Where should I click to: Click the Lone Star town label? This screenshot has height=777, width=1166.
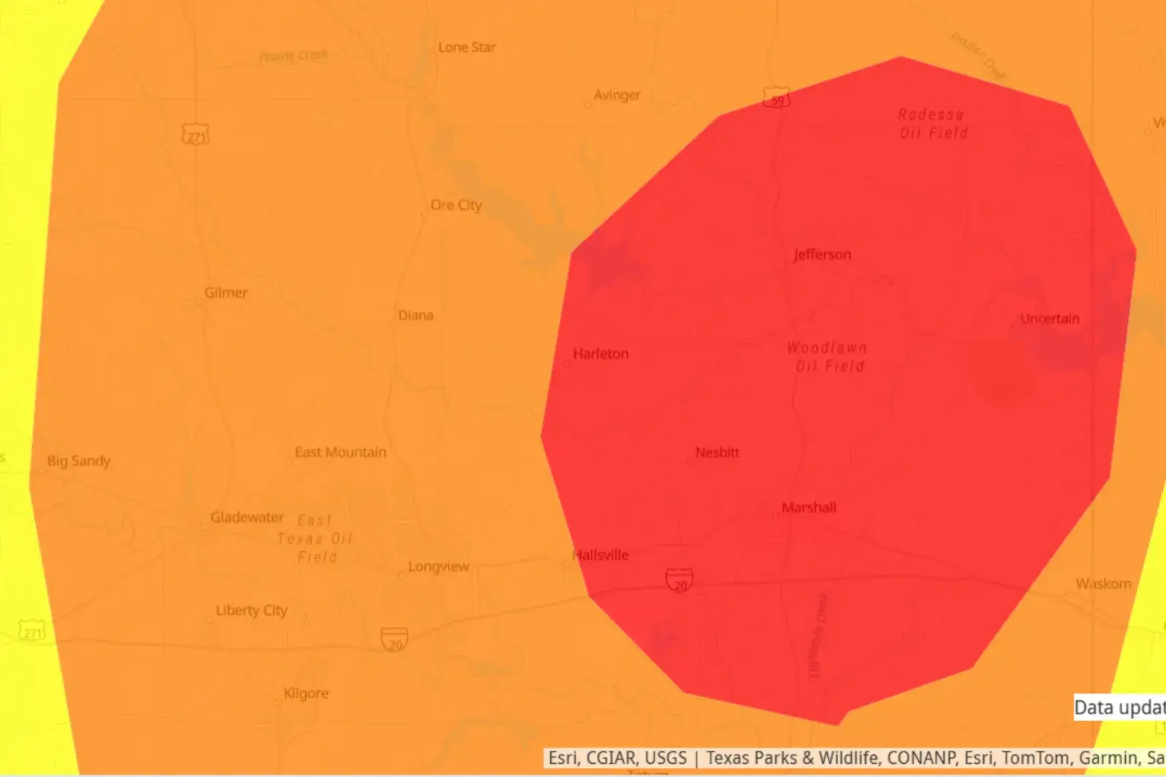466,47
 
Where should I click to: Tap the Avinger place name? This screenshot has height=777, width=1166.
617,95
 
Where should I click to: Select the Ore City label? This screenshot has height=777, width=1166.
456,206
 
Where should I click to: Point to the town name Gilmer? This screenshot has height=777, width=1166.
226,293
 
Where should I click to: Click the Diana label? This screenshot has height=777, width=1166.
415,316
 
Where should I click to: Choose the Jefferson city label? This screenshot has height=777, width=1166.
822,254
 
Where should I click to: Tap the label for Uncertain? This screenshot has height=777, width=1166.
1049,319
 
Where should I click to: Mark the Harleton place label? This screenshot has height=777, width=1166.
600,354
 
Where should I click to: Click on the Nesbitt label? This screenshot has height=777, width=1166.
717,453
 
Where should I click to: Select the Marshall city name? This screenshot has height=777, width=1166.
809,508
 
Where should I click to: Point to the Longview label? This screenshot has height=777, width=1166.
439,567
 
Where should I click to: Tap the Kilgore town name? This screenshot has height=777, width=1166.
306,693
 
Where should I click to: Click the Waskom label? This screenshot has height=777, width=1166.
1103,584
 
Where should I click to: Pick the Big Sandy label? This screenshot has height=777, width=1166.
79,461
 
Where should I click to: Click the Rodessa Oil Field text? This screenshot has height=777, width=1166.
933,124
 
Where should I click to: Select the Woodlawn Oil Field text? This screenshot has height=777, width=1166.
828,357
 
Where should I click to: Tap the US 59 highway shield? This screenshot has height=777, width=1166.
776,98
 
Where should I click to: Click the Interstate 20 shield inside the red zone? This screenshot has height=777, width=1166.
679,581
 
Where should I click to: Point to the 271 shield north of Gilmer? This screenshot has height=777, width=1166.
195,135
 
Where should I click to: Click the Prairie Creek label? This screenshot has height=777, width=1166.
294,55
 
